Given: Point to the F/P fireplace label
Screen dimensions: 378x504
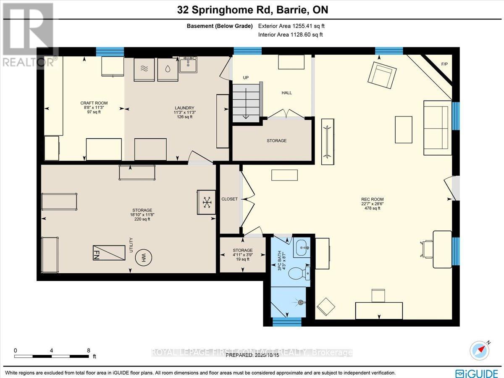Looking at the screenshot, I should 444,64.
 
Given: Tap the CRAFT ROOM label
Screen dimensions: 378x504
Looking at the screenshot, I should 94,103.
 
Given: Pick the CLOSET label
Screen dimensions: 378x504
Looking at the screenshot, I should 230,199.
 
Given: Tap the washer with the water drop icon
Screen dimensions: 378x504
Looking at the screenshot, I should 167,70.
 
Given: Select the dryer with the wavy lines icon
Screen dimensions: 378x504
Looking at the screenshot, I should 144,70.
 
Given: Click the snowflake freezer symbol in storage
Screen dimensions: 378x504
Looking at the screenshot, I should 206,202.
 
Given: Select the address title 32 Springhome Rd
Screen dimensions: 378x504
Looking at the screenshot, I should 252,10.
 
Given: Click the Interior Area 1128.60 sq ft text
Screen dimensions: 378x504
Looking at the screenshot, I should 290,34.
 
